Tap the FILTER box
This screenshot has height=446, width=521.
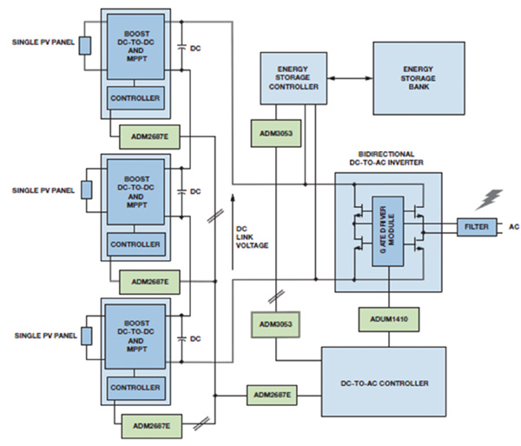476,227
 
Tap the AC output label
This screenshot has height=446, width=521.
513,227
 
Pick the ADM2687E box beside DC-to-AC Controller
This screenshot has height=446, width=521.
273,396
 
